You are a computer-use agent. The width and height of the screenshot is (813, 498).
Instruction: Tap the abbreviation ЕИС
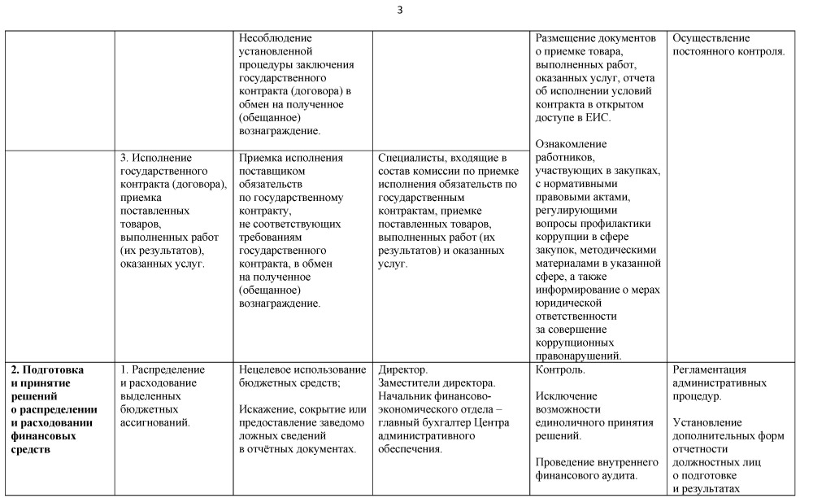pos(598,117)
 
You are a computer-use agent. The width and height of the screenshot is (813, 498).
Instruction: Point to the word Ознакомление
pos(572,144)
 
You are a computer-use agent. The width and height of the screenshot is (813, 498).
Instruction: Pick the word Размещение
pos(567,37)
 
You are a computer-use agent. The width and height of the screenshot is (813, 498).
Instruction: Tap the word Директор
pos(404,369)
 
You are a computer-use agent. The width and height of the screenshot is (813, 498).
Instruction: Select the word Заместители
pos(412,382)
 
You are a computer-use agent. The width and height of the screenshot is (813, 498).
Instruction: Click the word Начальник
pos(406,395)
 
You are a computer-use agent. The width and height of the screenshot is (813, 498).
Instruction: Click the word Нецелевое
pos(269,369)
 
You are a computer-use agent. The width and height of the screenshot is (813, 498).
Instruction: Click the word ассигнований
pos(154,422)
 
